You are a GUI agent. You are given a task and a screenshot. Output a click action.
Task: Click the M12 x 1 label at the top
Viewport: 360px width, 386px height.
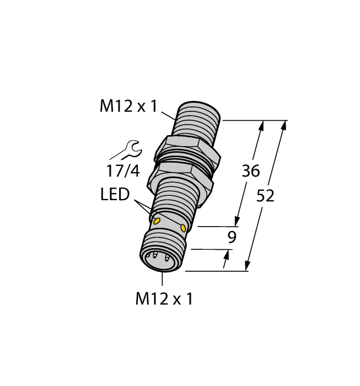[128, 106]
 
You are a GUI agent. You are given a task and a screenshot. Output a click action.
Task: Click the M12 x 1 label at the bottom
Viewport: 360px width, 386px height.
[164, 299]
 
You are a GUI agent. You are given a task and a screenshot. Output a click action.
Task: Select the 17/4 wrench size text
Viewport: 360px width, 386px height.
[123, 171]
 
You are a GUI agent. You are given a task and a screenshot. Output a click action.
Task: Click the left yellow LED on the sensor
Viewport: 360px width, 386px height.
[157, 221]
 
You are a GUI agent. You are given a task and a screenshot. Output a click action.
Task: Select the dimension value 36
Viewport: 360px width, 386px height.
[251, 171]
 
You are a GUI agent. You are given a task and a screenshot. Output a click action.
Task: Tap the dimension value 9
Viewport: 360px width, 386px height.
[232, 238]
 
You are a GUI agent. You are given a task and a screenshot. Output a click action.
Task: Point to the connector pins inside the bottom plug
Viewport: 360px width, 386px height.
[159, 256]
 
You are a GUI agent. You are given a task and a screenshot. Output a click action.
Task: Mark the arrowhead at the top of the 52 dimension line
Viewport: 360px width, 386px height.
[284, 126]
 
